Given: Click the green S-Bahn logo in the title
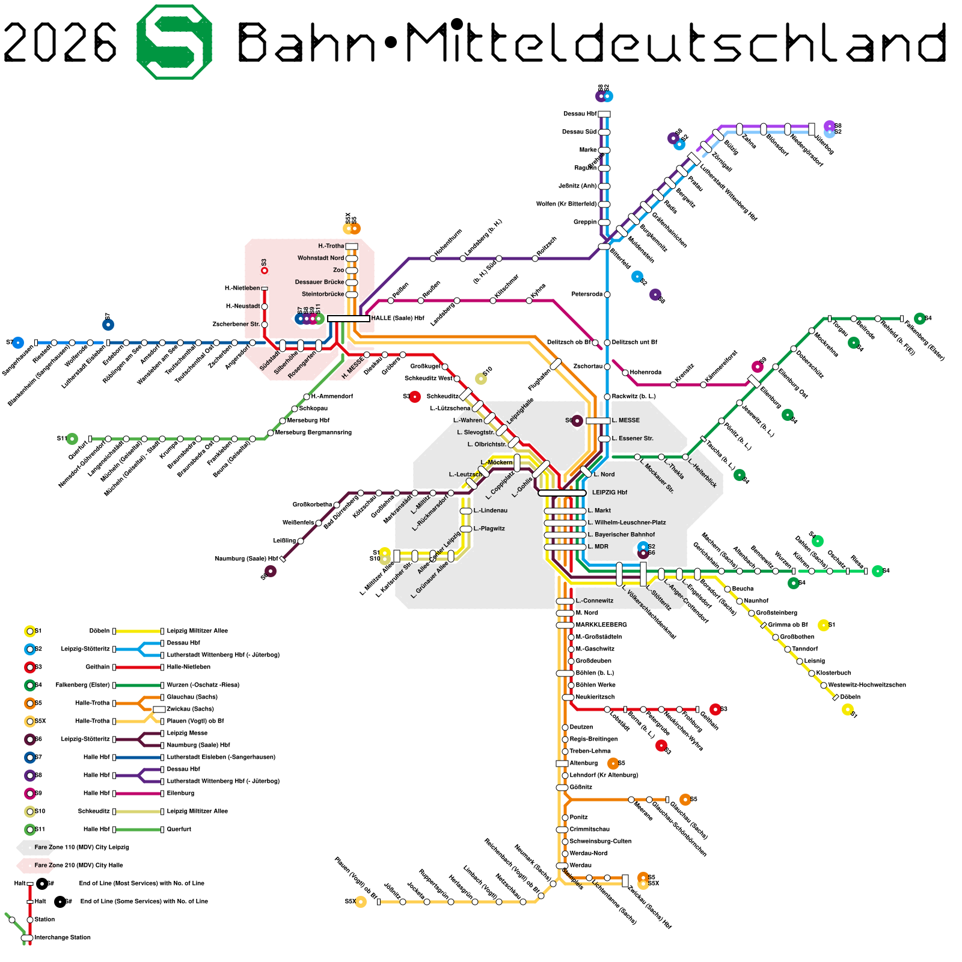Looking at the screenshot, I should (x=174, y=42).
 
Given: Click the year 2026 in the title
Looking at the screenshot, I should (x=60, y=42).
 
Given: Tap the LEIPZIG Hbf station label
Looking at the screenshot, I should (x=609, y=492).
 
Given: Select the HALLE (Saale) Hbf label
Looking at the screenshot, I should (x=397, y=318).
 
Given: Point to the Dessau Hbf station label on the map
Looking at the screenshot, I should (x=580, y=114).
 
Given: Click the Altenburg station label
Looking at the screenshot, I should (x=583, y=763).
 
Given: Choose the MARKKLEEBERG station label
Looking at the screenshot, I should (x=601, y=625).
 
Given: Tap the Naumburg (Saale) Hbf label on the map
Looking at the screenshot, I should (x=247, y=559).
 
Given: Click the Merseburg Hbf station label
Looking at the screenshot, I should (x=308, y=420).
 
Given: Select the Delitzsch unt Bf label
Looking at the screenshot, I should (x=634, y=342).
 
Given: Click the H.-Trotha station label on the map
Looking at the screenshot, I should (x=331, y=246).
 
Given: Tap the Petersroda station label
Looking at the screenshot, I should (x=587, y=294).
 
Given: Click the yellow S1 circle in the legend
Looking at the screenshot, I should (x=29, y=631).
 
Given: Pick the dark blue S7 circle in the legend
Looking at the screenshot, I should (x=29, y=757).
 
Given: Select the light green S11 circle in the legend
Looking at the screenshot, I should (x=29, y=829).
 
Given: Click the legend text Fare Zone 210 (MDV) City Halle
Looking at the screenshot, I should (x=79, y=865).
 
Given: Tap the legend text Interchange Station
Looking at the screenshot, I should (x=63, y=937).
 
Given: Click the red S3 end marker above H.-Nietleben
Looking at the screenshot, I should (x=264, y=271).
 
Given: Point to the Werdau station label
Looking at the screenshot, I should (x=580, y=865).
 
